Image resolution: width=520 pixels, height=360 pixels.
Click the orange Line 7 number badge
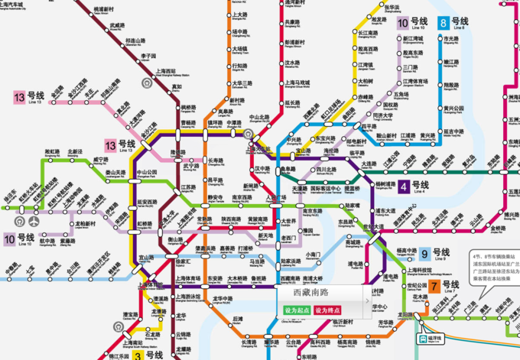point(435,287)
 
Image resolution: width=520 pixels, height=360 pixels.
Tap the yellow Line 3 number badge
point(138,355)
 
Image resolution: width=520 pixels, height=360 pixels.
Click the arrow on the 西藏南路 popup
point(366,301)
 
